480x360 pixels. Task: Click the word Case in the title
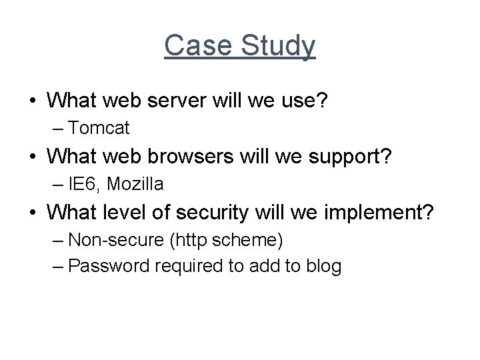click(x=193, y=46)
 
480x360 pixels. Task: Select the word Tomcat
click(x=99, y=127)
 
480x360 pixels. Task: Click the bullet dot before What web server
click(x=33, y=102)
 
